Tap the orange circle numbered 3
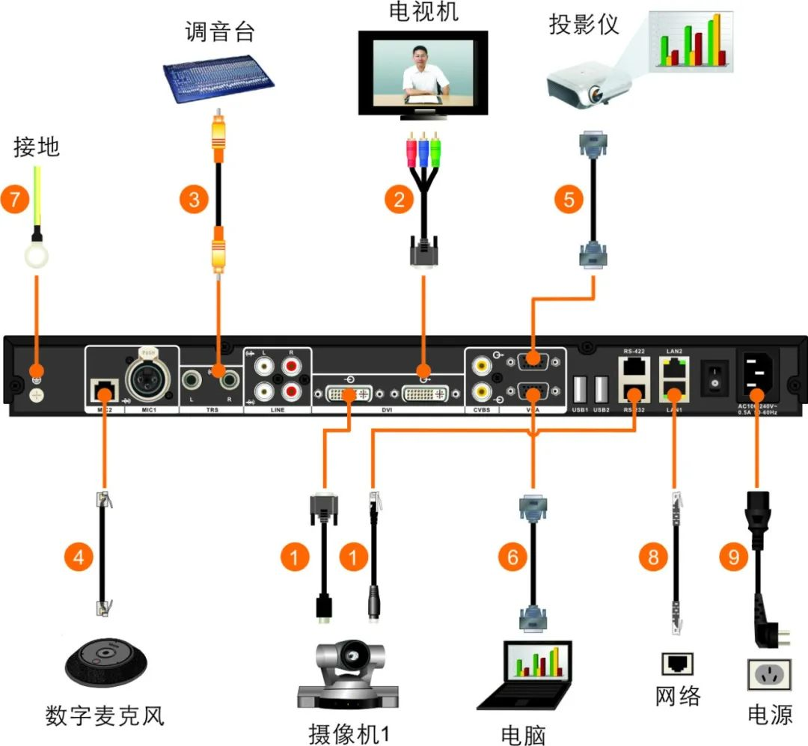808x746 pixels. tap(195, 200)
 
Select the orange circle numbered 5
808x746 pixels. tap(569, 200)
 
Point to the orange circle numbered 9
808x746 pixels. tap(732, 557)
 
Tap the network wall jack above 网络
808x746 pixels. tap(676, 663)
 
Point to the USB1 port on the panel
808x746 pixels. tap(579, 391)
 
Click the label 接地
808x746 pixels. tap(36, 147)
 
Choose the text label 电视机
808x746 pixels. tap(423, 13)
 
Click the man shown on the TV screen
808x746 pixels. tap(421, 74)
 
